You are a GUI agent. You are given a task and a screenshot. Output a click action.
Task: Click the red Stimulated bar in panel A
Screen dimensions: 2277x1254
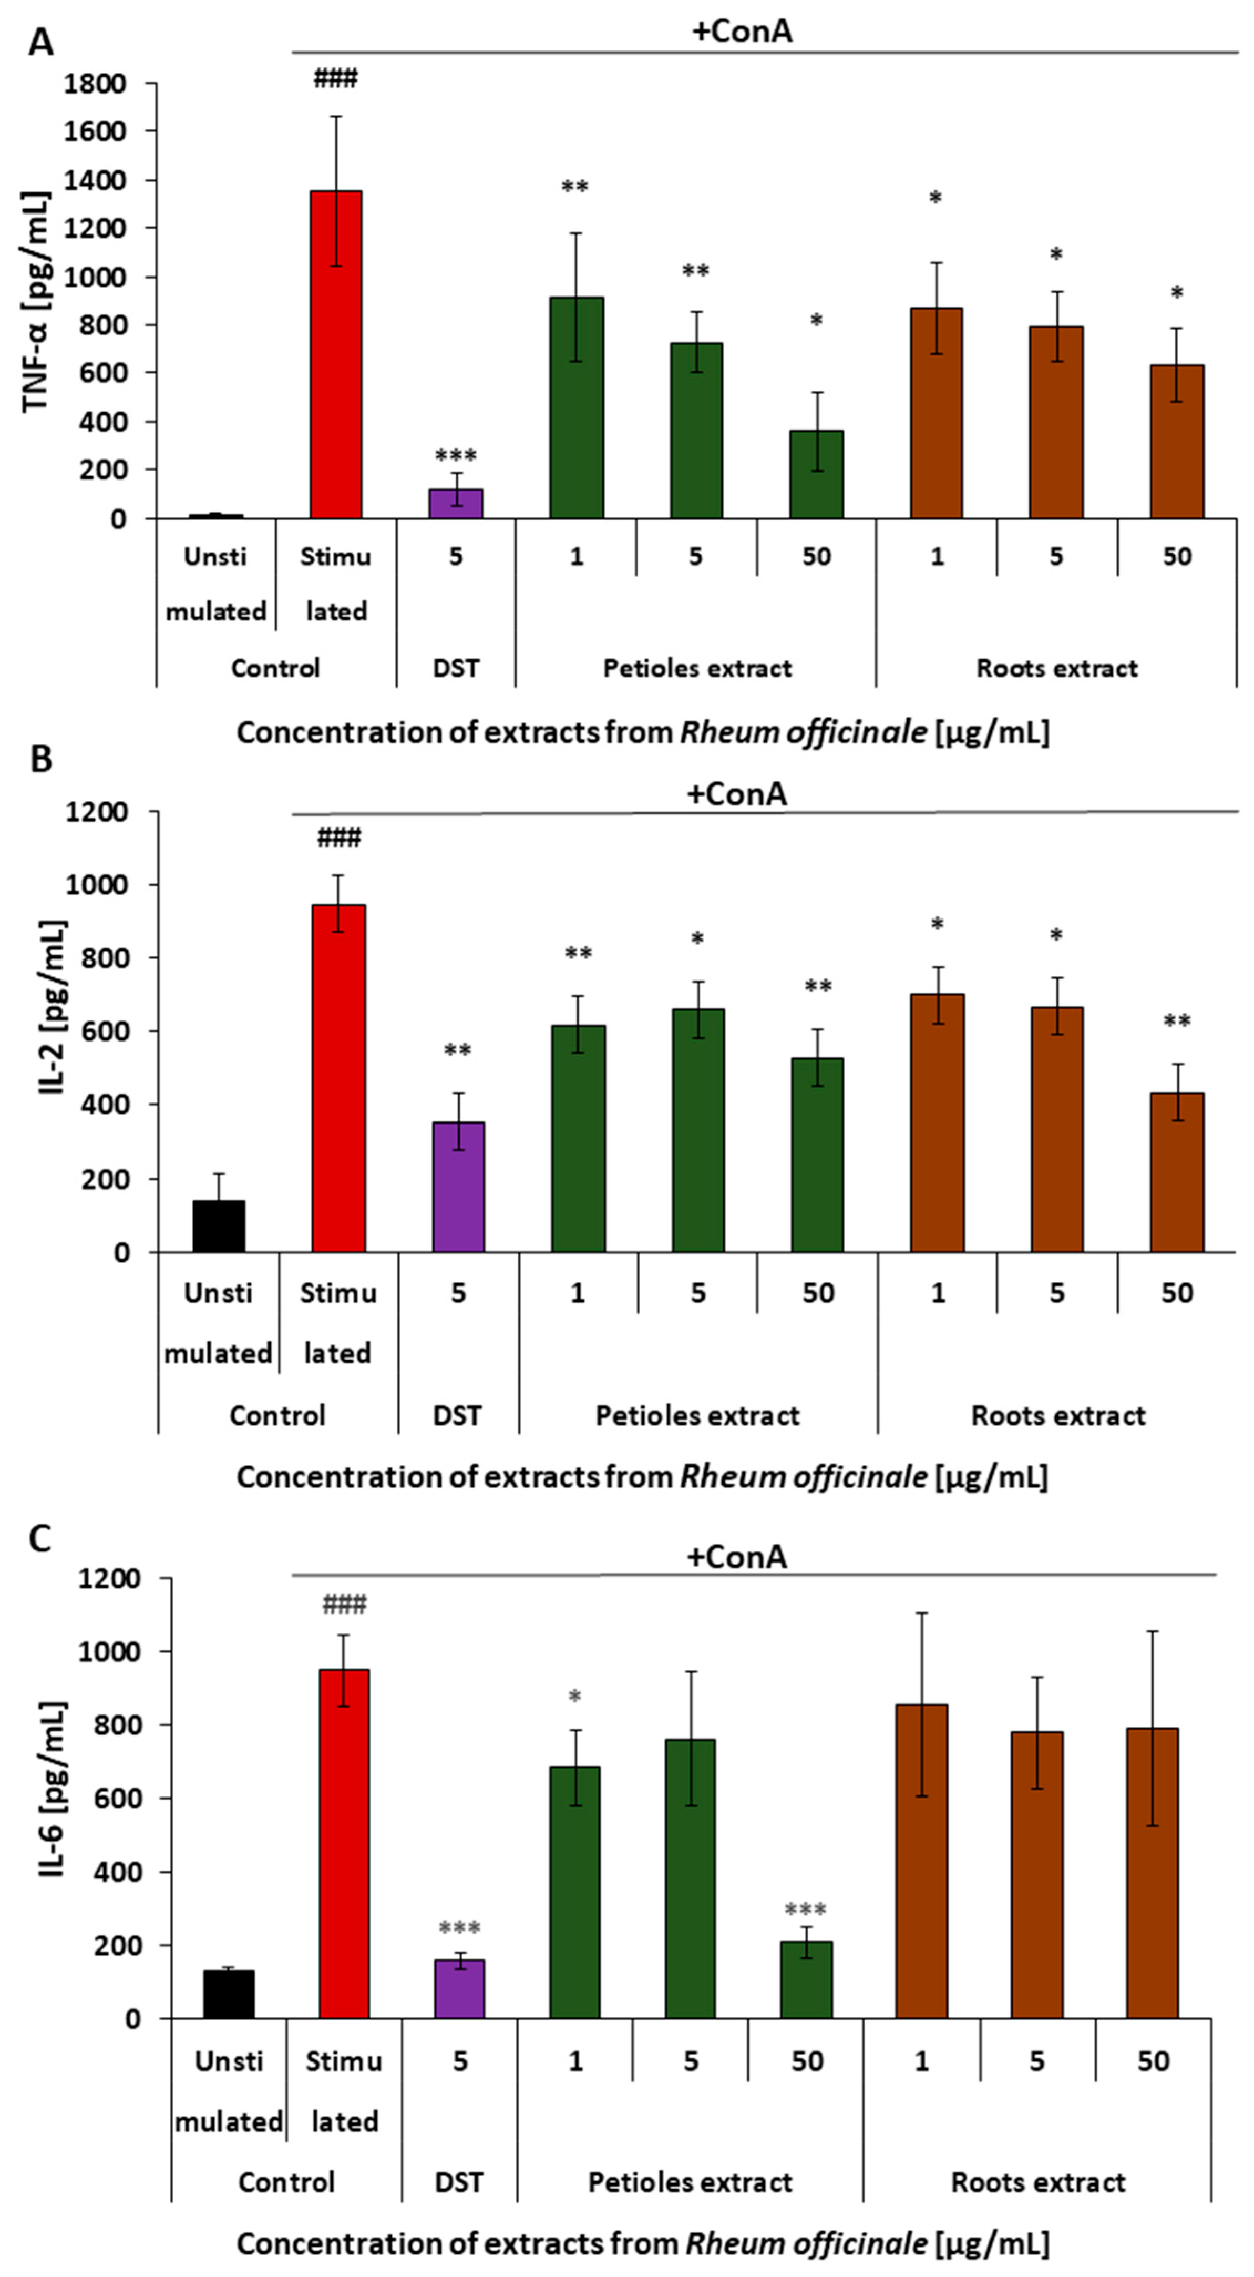[x=336, y=354]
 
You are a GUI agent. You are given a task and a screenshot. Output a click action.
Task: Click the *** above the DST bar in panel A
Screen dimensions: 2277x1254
[x=455, y=456]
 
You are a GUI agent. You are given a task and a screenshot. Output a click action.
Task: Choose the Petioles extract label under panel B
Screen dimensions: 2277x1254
[x=697, y=1415]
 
